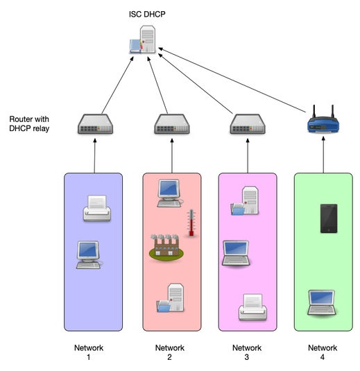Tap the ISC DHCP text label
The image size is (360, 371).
(148, 13)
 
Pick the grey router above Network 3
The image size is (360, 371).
(246, 125)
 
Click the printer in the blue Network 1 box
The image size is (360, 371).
(96, 208)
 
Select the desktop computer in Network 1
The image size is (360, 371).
(90, 254)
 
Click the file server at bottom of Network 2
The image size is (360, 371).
(171, 299)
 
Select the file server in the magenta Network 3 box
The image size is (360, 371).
(248, 200)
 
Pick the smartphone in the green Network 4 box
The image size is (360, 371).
(327, 218)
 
